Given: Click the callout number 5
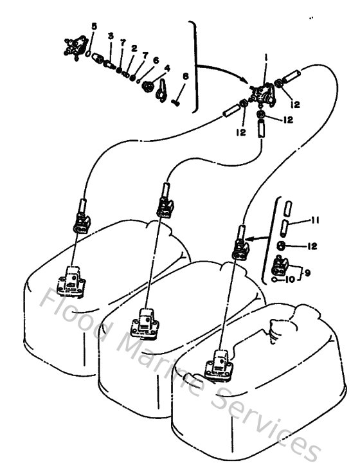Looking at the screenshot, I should click(94, 26).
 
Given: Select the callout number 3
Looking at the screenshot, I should click(111, 37).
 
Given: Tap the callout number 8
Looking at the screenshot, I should click(185, 76).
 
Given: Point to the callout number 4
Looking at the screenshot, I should click(167, 67).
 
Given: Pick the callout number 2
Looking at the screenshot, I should click(134, 48).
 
